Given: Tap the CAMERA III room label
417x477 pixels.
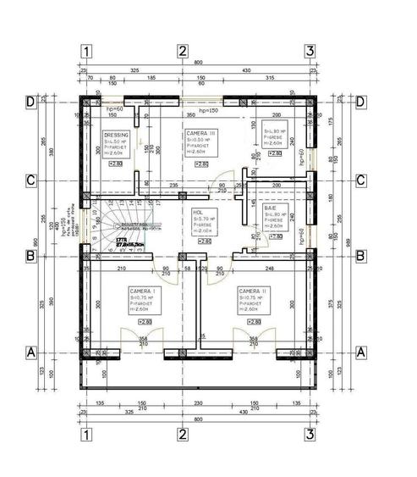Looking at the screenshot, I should click(x=200, y=134).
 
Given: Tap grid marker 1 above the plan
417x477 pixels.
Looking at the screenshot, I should click(x=86, y=51).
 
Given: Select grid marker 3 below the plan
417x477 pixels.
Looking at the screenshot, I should click(x=310, y=435).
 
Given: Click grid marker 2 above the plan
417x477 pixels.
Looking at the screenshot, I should click(x=182, y=51).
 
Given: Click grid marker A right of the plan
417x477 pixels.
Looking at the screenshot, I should click(x=361, y=351).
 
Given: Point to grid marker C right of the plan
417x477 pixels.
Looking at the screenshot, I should click(x=361, y=180).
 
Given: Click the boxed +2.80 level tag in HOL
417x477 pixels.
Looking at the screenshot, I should click(x=204, y=241).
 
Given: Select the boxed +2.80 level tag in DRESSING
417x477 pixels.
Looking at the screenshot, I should click(x=116, y=164).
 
